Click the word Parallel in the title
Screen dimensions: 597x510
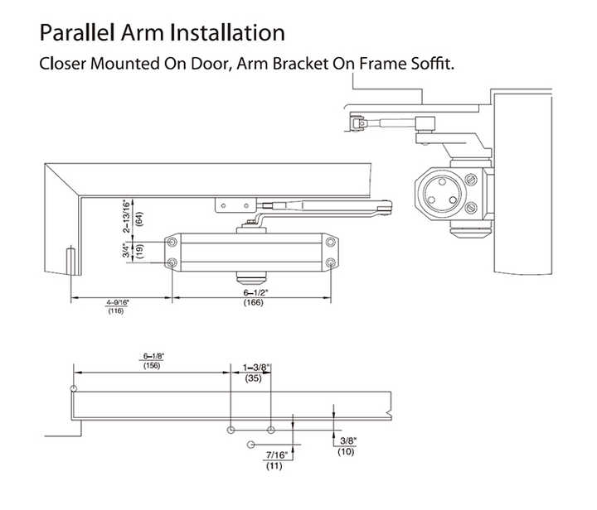tap(77, 32)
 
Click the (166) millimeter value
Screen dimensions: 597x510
tap(254, 302)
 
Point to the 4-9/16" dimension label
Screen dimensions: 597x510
tap(117, 302)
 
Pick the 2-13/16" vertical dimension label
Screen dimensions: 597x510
tap(126, 215)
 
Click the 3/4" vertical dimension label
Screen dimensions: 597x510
tap(126, 250)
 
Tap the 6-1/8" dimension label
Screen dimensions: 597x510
tap(153, 357)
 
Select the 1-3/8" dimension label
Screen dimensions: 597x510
tap(256, 368)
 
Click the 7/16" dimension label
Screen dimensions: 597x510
tap(276, 455)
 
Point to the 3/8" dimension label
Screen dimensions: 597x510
tap(347, 440)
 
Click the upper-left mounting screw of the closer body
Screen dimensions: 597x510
tap(172, 242)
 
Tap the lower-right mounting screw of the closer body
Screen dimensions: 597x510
tap(331, 262)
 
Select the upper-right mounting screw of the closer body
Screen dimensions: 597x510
tap(331, 242)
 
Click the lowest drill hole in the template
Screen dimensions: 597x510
tap(250, 445)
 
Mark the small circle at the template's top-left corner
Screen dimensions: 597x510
tap(74, 388)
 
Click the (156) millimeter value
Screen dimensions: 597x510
tap(152, 366)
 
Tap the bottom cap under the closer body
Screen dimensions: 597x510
tap(250, 278)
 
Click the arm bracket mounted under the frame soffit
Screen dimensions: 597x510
tap(235, 205)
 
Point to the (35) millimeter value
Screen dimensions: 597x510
tap(253, 378)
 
